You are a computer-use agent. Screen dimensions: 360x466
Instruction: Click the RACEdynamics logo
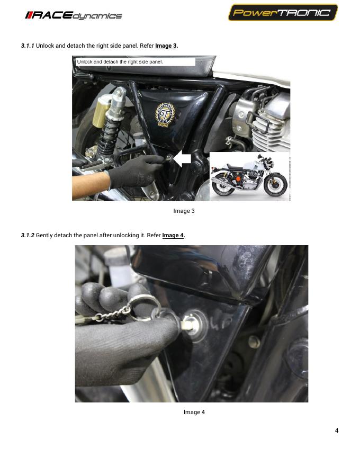(x=74, y=15)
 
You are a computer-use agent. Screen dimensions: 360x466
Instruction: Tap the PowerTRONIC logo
(x=283, y=13)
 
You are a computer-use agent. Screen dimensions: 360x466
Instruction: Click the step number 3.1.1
(x=28, y=46)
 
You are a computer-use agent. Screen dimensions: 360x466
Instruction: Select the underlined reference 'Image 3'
(x=166, y=46)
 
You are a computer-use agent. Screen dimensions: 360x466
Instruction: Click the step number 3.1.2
(x=28, y=235)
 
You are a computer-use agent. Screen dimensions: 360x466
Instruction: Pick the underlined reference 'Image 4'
(x=173, y=235)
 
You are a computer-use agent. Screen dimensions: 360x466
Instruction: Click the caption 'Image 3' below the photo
(x=184, y=211)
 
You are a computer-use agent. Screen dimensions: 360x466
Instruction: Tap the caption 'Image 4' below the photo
(x=194, y=412)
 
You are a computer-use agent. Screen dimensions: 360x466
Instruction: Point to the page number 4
(x=337, y=431)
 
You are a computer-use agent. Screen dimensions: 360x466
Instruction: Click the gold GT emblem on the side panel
(x=165, y=115)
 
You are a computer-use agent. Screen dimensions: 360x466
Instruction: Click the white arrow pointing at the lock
(x=182, y=159)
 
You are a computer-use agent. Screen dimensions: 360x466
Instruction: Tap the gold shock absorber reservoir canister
(x=101, y=111)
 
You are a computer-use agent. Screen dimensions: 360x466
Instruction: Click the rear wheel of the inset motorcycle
(x=223, y=184)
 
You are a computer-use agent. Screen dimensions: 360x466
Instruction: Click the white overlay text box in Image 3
(x=135, y=62)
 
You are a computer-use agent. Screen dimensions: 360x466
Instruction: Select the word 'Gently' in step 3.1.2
(x=44, y=235)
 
